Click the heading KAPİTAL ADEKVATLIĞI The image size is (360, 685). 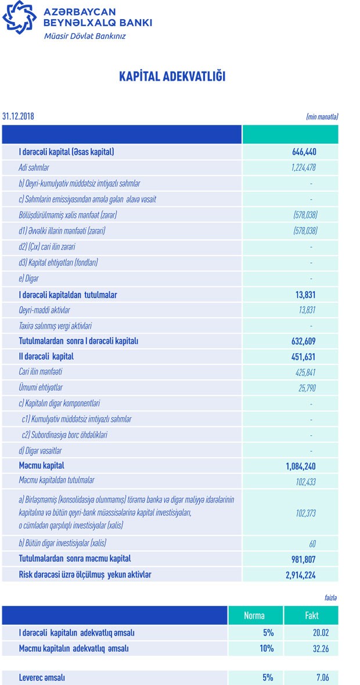click(x=172, y=77)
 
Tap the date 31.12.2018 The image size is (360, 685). click(x=18, y=116)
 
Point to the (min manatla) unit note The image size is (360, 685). click(x=322, y=117)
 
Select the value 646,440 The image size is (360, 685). click(x=304, y=152)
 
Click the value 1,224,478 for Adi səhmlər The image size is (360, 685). click(x=303, y=168)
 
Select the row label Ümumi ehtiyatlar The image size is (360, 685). click(x=41, y=388)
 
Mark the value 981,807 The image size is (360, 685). click(x=303, y=559)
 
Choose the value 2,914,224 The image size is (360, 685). click(x=299, y=575)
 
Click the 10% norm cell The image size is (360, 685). click(x=267, y=648)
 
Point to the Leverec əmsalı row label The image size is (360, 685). click(x=42, y=677)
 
